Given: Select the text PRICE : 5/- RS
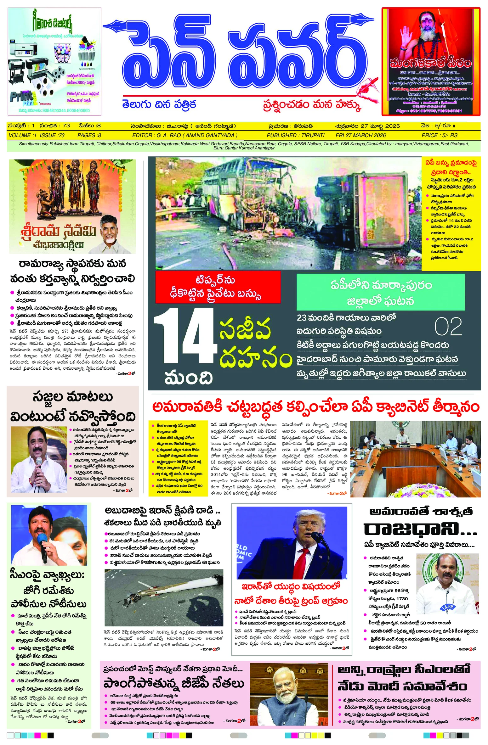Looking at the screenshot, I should pyautogui.click(x=440, y=135).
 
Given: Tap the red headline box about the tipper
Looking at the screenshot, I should pyautogui.click(x=218, y=287).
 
